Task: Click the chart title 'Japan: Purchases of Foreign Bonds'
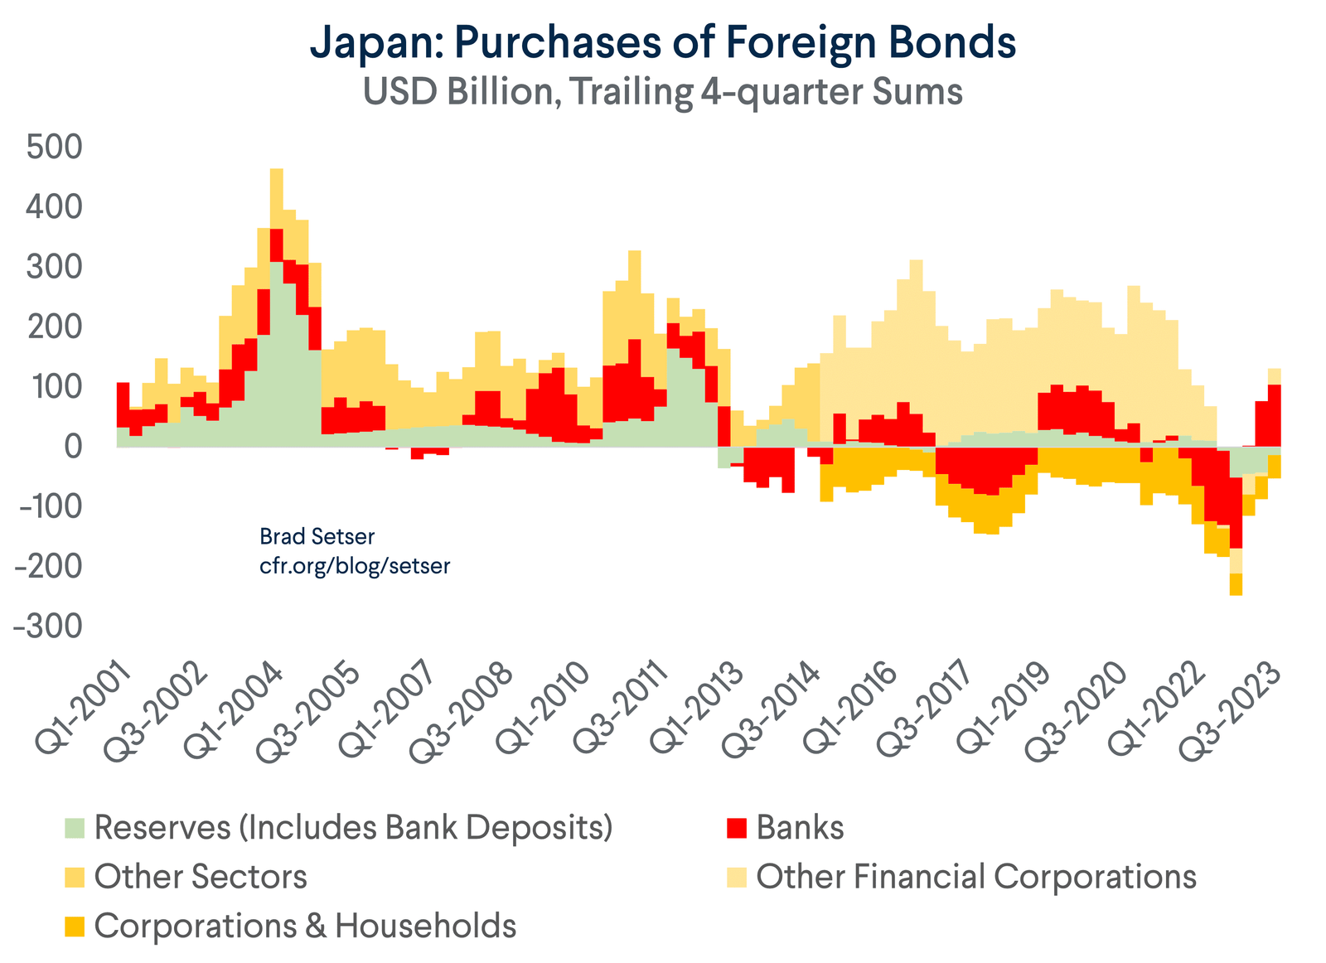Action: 663,43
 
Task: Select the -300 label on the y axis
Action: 49,627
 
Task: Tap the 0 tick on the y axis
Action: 73,447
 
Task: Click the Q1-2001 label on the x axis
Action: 83,704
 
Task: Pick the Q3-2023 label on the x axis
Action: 1235,704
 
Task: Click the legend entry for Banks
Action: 800,827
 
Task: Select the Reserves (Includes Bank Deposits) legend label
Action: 353,827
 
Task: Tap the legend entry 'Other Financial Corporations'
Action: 976,876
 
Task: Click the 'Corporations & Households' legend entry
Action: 305,925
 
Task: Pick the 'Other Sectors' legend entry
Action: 201,876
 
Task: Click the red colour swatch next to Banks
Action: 736,828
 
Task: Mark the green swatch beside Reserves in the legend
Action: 75,828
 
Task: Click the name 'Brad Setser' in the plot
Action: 306,537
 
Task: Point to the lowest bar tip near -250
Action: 1236,592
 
